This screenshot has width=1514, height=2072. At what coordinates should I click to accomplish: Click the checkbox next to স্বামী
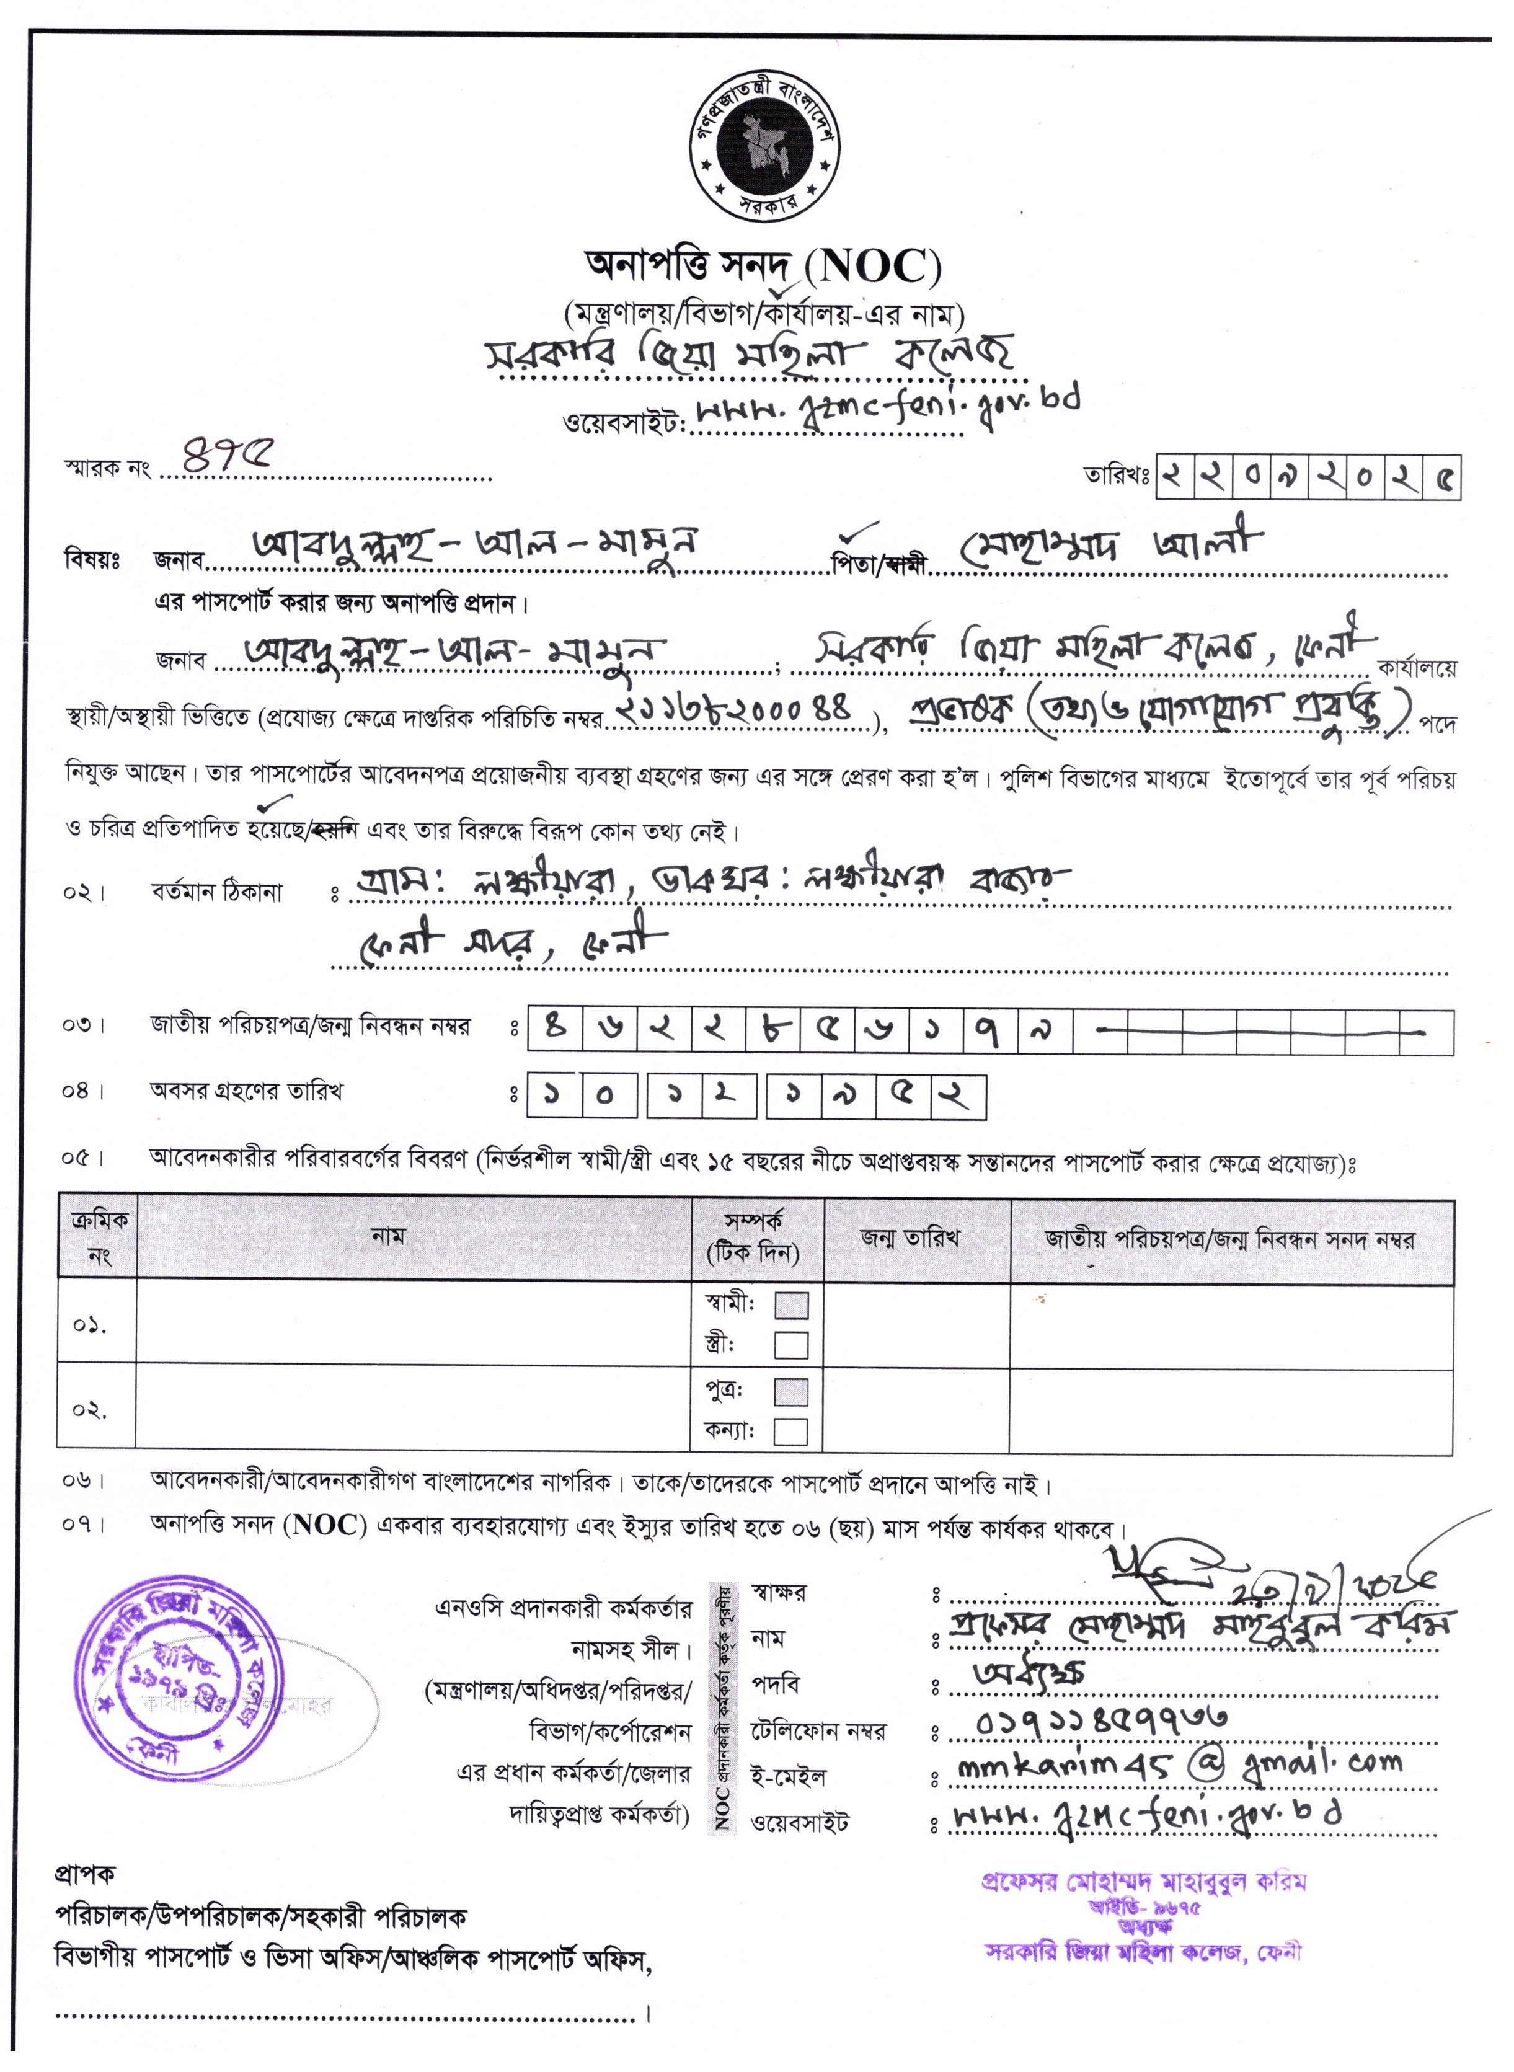click(x=791, y=1305)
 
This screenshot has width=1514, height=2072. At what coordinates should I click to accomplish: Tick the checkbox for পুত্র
click(x=791, y=1392)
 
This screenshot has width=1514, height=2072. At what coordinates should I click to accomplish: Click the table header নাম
click(x=387, y=1236)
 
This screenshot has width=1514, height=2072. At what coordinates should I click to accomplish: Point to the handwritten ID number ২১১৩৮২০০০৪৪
click(x=735, y=711)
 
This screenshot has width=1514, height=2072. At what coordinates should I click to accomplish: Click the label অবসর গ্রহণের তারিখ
click(x=247, y=1091)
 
